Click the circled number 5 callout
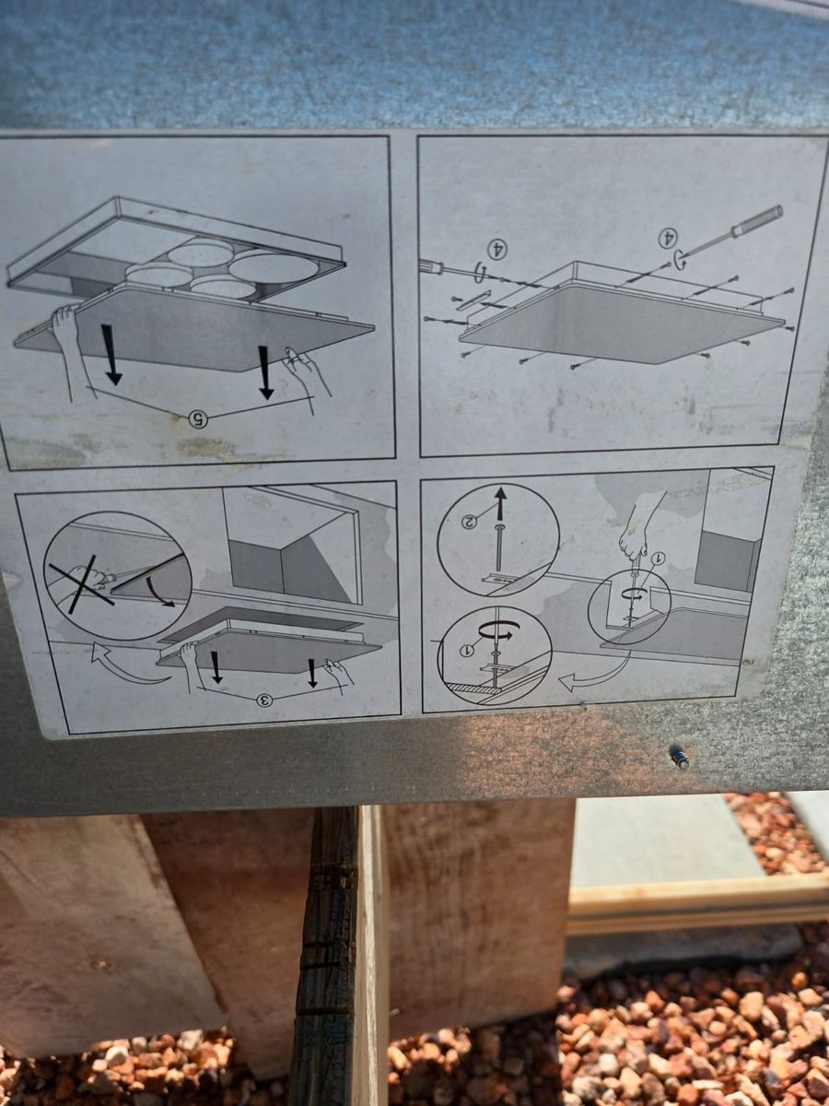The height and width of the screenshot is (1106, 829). click(x=198, y=418)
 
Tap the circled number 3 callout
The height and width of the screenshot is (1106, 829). click(x=264, y=699)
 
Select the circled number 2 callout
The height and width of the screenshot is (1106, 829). click(x=469, y=522)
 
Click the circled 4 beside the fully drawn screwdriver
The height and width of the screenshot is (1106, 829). click(x=668, y=237)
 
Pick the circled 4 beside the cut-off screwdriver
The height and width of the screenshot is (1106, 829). click(x=496, y=249)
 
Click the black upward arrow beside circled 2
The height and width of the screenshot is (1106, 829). click(x=499, y=503)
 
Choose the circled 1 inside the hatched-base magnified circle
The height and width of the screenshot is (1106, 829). click(x=467, y=651)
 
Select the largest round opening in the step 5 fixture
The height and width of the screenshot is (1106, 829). click(x=274, y=268)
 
